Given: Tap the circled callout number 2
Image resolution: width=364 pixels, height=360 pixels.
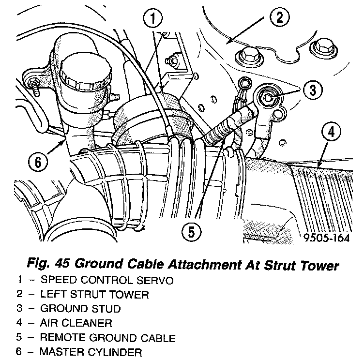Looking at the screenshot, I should tap(279, 19).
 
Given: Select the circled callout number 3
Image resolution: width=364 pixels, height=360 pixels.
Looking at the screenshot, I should tap(313, 90).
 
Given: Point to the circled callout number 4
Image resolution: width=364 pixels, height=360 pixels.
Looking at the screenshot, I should tap(331, 131).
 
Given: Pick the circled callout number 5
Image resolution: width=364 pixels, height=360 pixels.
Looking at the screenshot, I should tap(192, 233).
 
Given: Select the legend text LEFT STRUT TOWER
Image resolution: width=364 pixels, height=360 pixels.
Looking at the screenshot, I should tap(94, 294).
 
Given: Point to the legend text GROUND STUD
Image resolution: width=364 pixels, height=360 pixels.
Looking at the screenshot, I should tap(80, 308).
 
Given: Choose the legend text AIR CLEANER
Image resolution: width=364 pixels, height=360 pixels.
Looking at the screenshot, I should tap(76, 323).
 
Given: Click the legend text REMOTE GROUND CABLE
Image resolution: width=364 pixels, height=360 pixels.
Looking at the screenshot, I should tap(107, 337).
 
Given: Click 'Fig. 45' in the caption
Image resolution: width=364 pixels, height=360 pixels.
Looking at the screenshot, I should tap(45, 265).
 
